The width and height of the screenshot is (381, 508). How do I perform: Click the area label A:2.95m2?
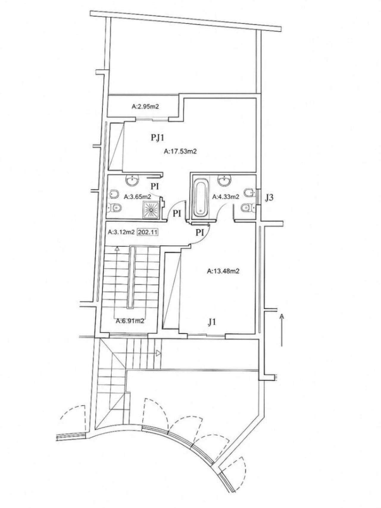coord(145,107)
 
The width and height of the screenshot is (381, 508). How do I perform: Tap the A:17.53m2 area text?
coord(180,151)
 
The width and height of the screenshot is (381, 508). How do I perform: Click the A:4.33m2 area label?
coord(226,197)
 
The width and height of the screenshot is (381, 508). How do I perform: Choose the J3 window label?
coord(269,198)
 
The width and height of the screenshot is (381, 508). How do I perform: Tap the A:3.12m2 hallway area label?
coord(122,232)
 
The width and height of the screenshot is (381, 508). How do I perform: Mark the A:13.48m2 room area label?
coord(223,271)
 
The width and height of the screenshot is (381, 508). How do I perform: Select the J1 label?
coord(212,322)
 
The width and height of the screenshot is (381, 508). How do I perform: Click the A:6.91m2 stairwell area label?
coord(130,321)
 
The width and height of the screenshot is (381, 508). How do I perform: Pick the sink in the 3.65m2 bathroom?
coord(132,180)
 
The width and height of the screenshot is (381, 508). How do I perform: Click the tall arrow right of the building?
coord(282,330)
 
